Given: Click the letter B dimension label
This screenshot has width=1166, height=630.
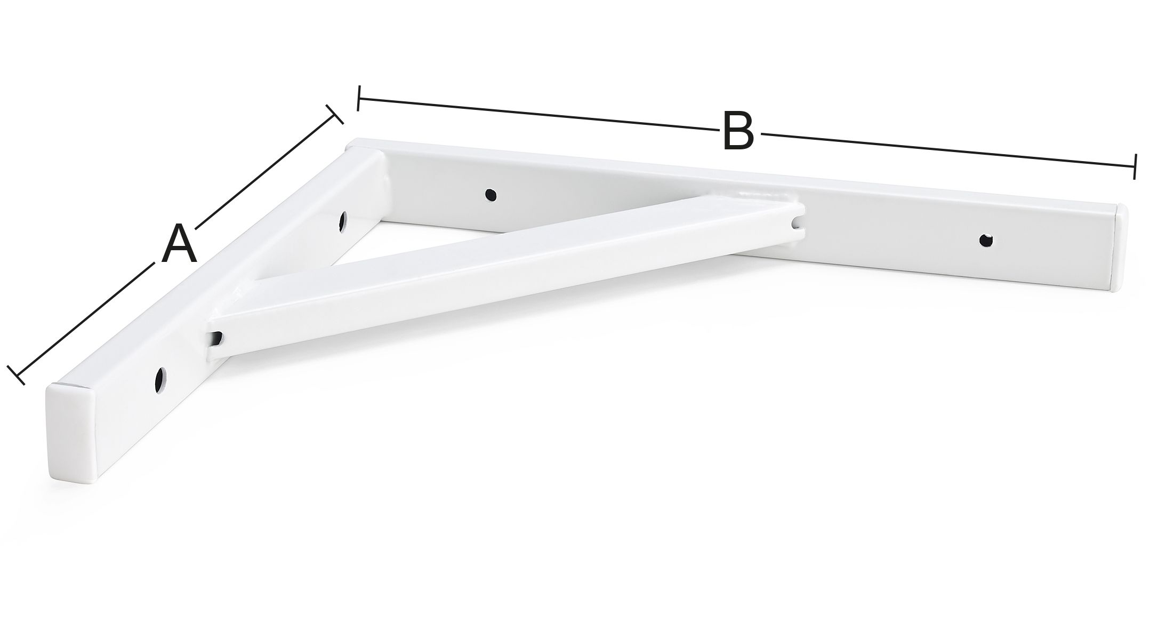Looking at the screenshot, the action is pyautogui.click(x=739, y=130).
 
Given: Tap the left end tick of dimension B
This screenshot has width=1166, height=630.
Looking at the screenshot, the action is pyautogui.click(x=359, y=98).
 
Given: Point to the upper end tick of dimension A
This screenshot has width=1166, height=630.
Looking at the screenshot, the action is pyautogui.click(x=334, y=114).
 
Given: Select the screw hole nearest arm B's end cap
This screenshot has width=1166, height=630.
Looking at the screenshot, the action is pyautogui.click(x=987, y=240).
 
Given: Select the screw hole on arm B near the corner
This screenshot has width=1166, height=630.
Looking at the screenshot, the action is pyautogui.click(x=489, y=195).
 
